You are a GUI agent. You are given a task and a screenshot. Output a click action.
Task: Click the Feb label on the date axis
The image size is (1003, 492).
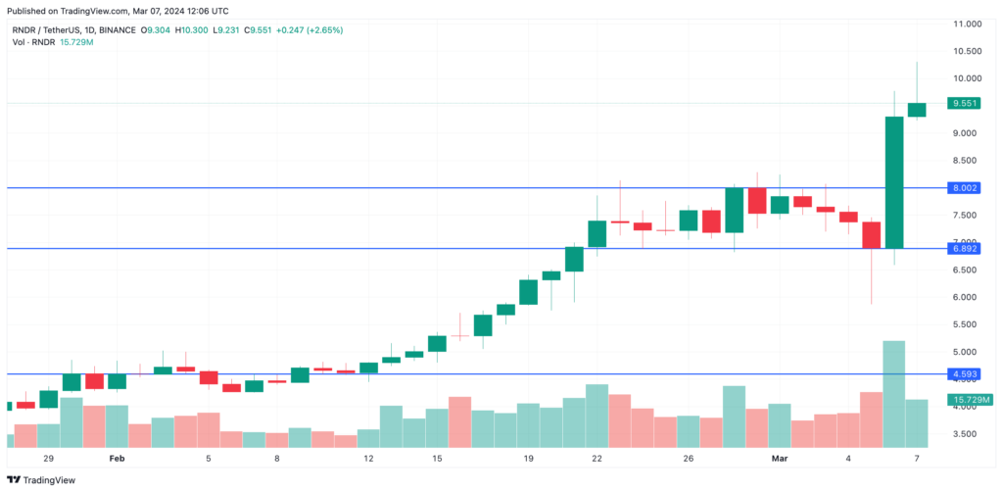117,458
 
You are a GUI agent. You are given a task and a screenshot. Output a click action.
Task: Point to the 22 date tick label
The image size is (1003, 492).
597,458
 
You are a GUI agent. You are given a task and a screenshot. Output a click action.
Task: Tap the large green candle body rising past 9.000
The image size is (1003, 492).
893,182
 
